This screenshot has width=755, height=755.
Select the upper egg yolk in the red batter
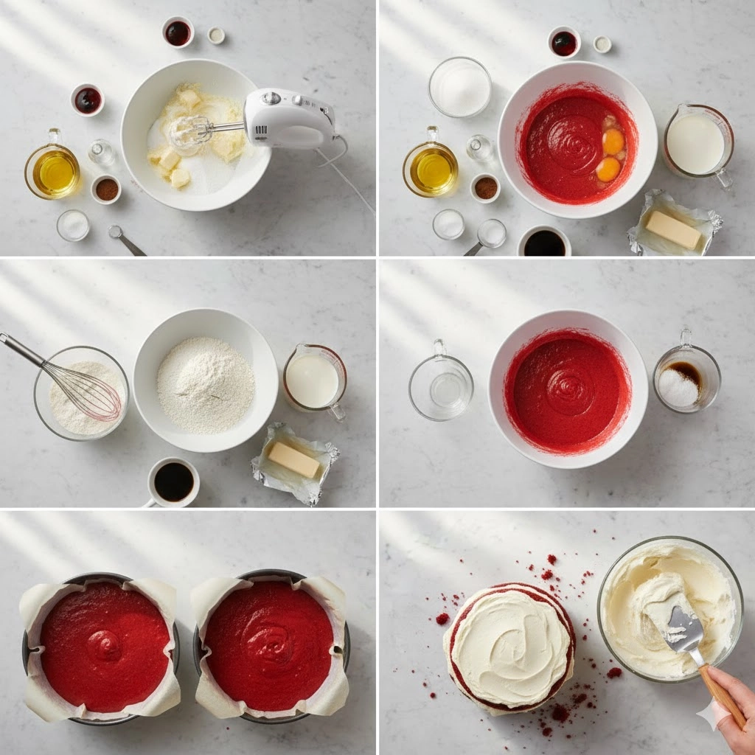[x=613, y=142]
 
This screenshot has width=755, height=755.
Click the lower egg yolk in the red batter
[x=608, y=169]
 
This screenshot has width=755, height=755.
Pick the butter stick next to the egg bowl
[x=673, y=230]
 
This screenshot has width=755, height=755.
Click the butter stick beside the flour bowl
[x=293, y=460]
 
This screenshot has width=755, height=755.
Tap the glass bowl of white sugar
[x=460, y=87]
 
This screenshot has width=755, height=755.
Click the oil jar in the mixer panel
[x=53, y=170]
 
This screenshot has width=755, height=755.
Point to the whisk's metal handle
[x=22, y=349]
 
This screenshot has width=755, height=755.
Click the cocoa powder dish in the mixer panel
[x=106, y=189]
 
